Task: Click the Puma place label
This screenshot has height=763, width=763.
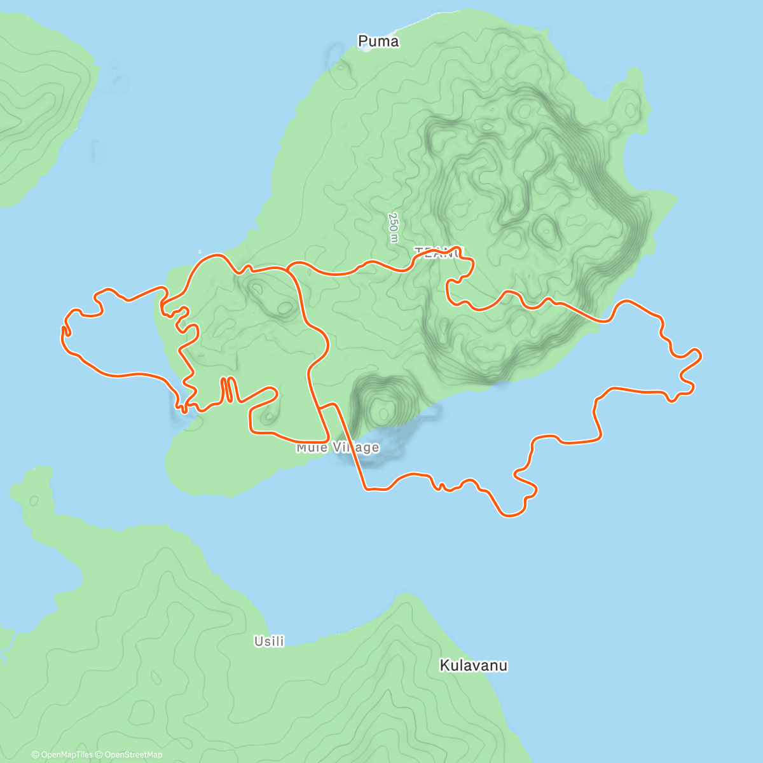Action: pos(378,41)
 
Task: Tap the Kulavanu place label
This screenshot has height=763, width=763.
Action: pos(474,666)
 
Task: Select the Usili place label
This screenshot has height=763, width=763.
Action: pos(269,642)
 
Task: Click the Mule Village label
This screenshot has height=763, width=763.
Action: pos(338,448)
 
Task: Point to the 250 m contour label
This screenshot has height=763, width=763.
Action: pos(394,228)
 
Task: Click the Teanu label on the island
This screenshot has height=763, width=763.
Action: pos(439,252)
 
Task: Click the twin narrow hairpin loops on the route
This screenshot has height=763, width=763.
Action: pos(228,390)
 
